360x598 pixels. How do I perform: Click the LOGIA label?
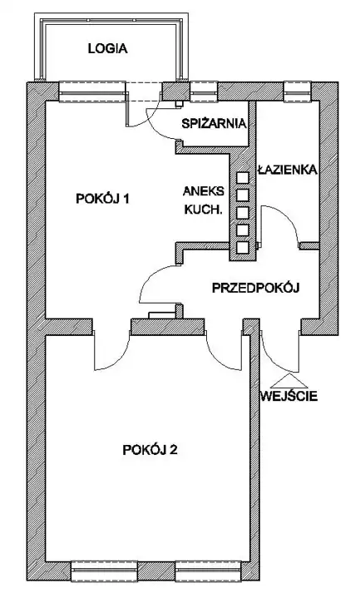107,49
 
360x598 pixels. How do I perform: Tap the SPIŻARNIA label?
214,124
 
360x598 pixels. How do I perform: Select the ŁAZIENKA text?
288,170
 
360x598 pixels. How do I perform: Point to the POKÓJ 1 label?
103,199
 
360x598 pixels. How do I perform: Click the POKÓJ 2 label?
150,450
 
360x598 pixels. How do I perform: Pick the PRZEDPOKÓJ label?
255,288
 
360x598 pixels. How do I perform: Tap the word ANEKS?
204,191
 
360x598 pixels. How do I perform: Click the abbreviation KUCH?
203,210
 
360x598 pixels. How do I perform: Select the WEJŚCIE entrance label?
289,396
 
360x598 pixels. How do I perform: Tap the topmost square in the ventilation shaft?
243,178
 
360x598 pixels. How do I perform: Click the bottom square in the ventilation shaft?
243,248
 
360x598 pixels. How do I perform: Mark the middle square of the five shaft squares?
243,213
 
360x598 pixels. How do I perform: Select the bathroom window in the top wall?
298,92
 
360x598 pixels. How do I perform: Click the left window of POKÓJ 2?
104,571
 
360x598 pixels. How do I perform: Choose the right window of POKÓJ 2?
208,571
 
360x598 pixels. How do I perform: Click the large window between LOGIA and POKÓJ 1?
92,92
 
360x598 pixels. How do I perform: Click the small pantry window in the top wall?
204,92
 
